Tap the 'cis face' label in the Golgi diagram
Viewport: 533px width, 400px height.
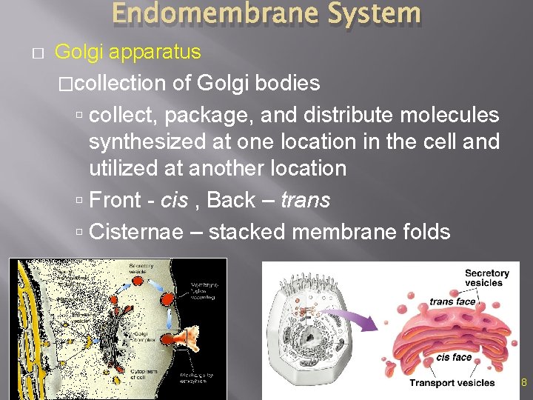[454, 357]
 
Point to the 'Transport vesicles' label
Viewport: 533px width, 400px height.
[452, 383]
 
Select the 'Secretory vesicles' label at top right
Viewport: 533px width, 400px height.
[486, 279]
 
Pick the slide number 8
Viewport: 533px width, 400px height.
[523, 383]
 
